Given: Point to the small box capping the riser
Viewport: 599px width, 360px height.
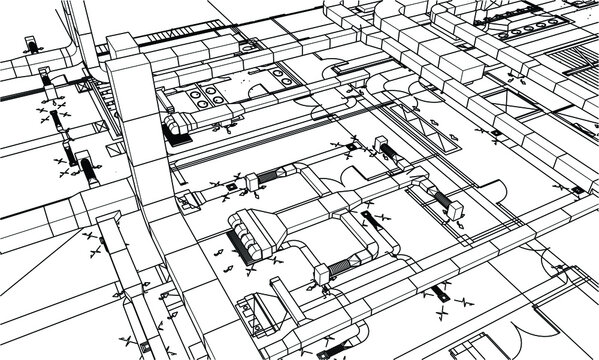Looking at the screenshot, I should [119, 45].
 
